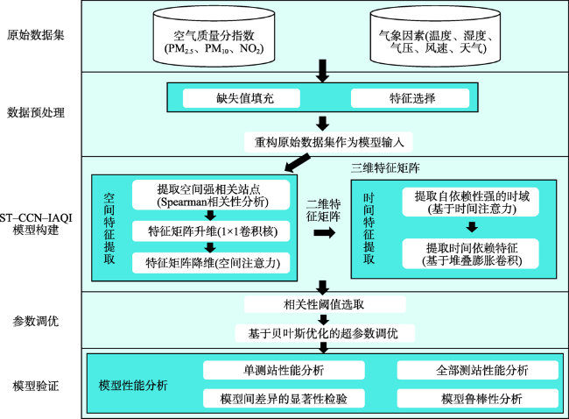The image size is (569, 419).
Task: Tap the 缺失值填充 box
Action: tap(242, 98)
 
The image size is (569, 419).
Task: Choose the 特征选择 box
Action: tap(410, 98)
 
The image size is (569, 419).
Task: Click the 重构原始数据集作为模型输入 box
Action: tap(329, 142)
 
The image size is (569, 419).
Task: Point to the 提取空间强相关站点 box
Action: tap(211, 195)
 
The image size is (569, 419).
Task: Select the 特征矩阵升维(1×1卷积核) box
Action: tap(211, 231)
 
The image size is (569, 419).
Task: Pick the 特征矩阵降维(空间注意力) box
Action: tap(211, 263)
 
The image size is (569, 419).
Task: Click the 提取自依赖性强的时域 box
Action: tap(470, 202)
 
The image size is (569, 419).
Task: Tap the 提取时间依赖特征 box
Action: tap(470, 253)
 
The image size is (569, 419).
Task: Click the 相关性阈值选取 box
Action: tap(325, 304)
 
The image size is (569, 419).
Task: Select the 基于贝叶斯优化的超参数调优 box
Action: tap(325, 333)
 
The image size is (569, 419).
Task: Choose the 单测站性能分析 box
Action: tap(284, 370)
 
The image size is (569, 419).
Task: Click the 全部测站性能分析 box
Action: tap(478, 370)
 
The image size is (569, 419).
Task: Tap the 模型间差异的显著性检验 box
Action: tap(284, 398)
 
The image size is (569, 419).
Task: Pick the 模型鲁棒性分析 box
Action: tap(478, 398)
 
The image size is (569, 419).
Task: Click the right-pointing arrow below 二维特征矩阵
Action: tap(325, 232)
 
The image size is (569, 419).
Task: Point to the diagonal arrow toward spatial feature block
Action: tap(298, 162)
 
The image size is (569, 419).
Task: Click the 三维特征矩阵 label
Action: tap(385, 168)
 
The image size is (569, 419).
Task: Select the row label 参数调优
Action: tap(36, 321)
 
